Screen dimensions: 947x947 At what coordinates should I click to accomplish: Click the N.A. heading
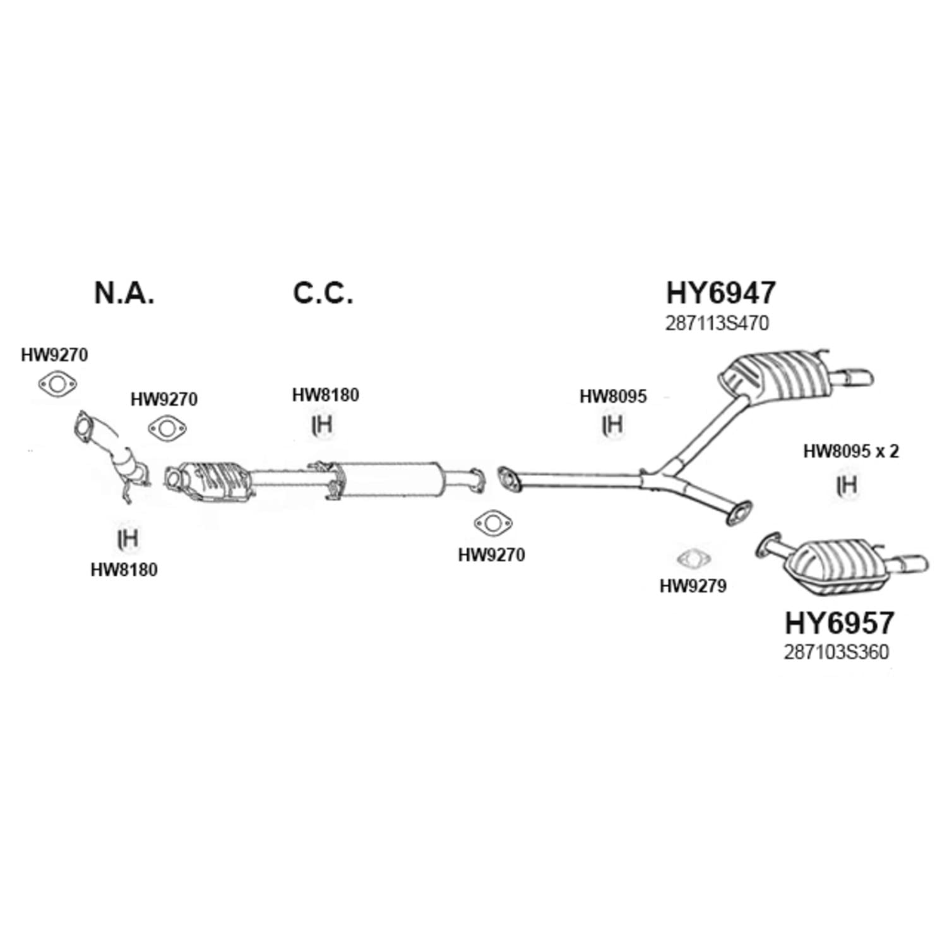point(124,294)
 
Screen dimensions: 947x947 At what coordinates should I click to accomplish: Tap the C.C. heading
point(323,294)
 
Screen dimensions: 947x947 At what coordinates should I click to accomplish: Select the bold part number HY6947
point(721,293)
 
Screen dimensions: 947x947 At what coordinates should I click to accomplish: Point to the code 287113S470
point(717,324)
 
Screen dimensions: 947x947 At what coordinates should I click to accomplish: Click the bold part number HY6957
point(839,623)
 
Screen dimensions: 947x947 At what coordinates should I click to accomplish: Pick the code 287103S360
point(837,652)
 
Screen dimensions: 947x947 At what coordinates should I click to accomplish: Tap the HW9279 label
point(693,587)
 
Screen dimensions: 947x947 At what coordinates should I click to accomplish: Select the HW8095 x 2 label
point(851,451)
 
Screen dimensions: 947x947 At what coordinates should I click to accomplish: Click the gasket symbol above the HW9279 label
point(693,559)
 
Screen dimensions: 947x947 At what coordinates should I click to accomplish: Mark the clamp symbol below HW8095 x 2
point(847,485)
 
